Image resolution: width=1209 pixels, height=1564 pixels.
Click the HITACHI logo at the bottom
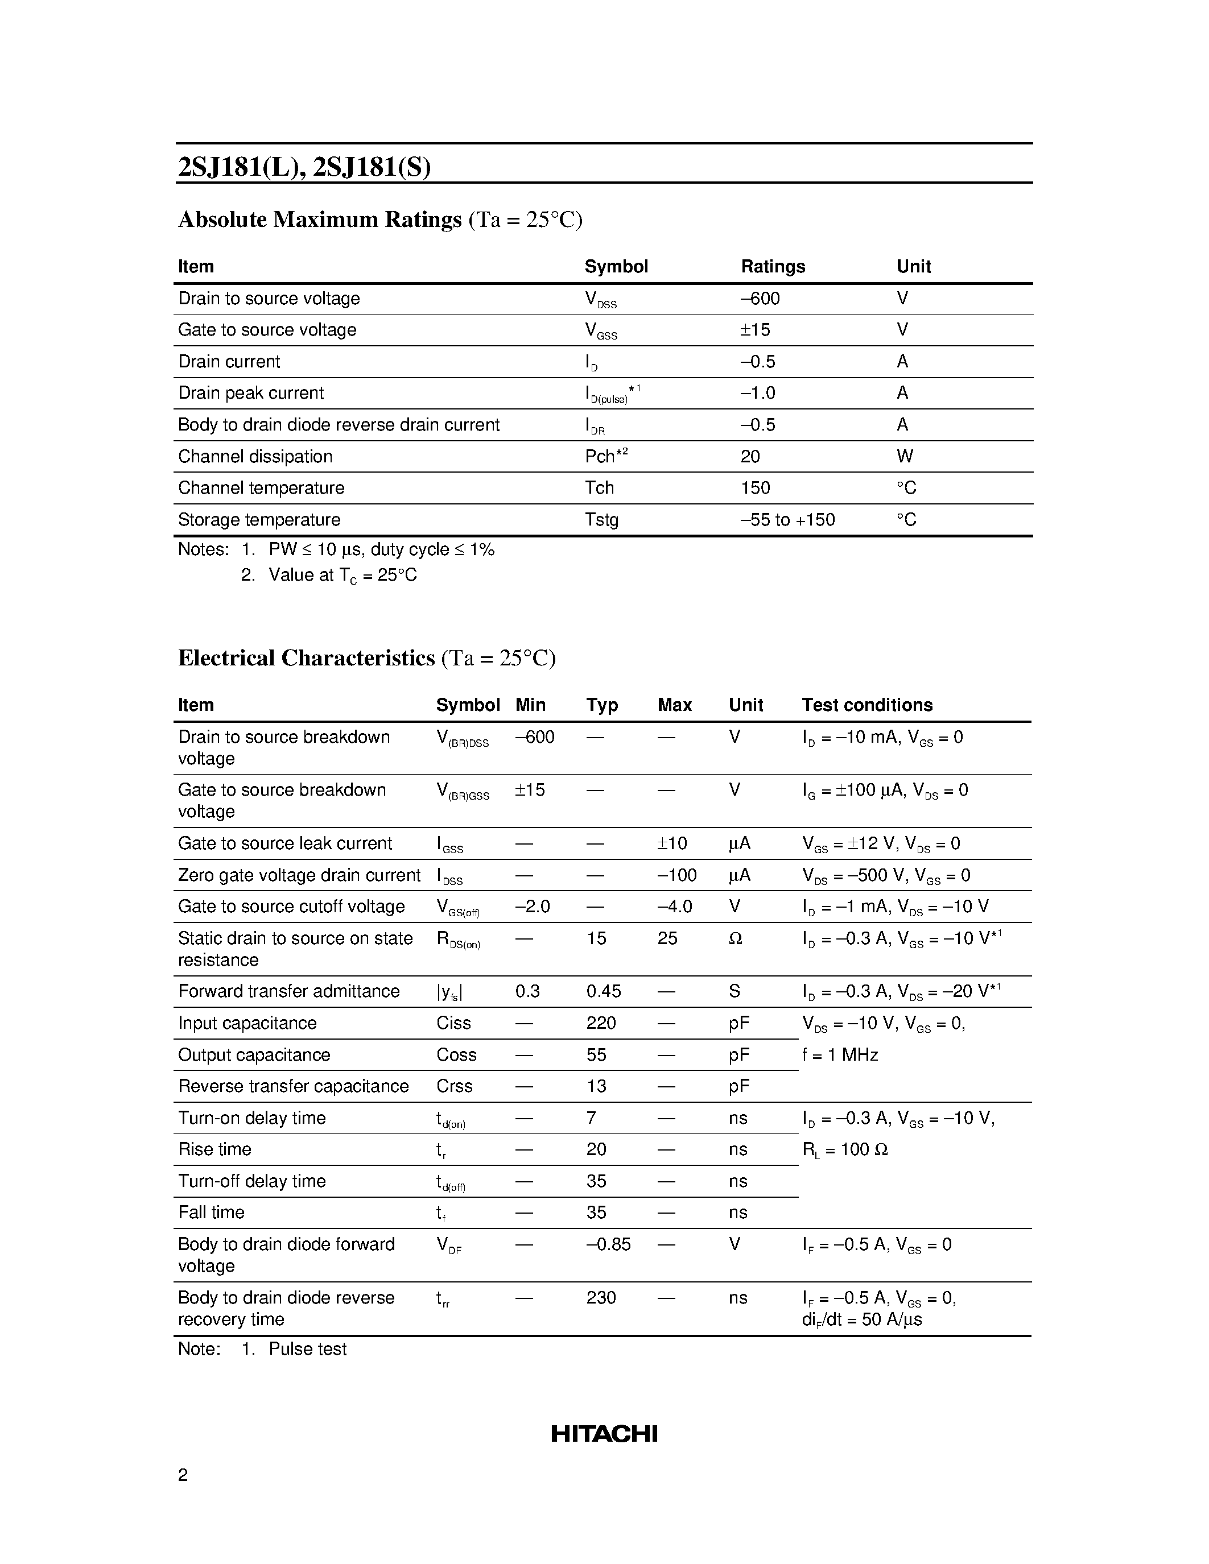(604, 1434)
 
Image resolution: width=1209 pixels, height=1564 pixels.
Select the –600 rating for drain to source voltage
(760, 299)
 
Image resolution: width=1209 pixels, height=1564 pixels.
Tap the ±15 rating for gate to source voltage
(755, 330)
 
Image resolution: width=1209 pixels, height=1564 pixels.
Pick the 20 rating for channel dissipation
(750, 456)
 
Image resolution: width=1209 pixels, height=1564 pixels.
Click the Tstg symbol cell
(601, 520)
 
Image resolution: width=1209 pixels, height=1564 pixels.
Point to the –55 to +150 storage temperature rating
(787, 520)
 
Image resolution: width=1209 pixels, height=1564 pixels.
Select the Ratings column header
(772, 266)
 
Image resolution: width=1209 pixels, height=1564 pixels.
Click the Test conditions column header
(866, 705)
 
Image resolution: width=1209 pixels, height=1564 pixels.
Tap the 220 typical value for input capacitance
(600, 1023)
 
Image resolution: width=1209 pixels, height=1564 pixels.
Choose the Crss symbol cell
(454, 1086)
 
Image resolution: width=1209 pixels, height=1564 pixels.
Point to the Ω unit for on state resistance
(735, 938)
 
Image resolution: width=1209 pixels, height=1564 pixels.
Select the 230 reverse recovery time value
(600, 1298)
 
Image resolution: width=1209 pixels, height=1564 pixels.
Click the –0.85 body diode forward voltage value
(608, 1244)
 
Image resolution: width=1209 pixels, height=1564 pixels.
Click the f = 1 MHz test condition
(839, 1055)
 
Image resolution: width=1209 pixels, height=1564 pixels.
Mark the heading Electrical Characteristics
(307, 657)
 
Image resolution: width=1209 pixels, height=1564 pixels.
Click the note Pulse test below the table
(307, 1349)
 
